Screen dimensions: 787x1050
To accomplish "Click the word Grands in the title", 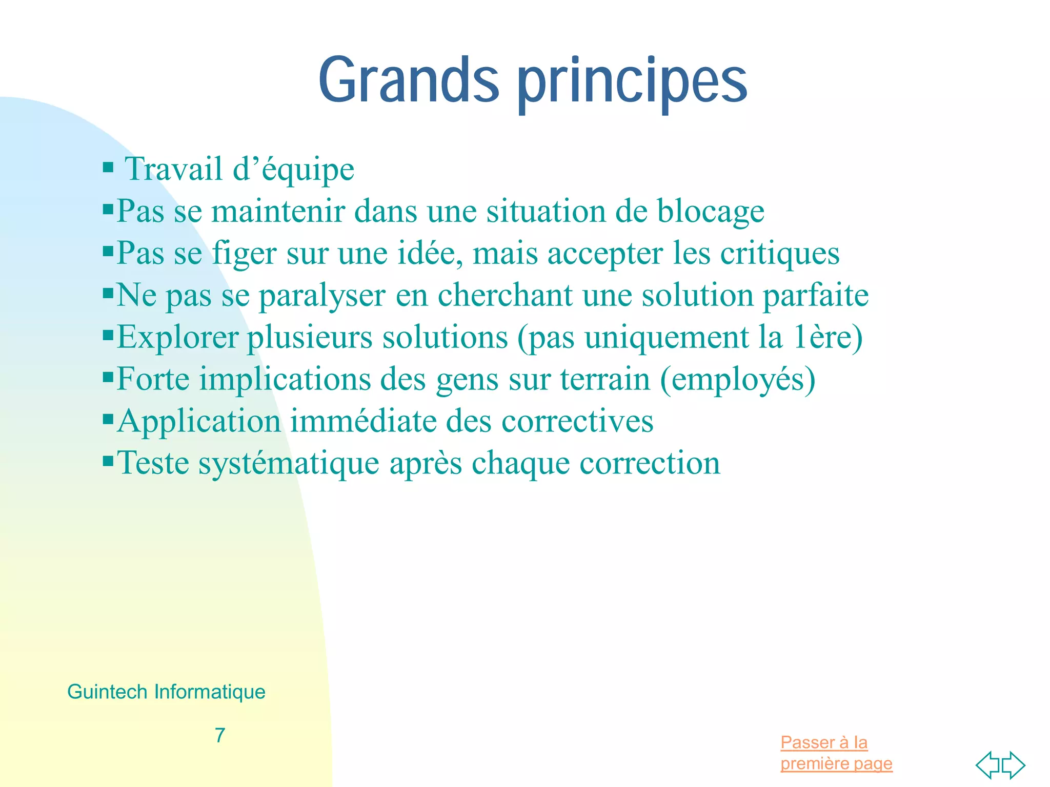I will coord(409,81).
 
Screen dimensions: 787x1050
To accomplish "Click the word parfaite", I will coord(816,296).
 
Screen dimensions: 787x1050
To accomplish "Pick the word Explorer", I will coord(177,338).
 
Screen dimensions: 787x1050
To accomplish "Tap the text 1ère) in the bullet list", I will coord(828,338).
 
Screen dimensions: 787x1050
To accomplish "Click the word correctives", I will coord(577,422).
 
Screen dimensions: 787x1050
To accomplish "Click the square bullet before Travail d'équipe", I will coord(108,168).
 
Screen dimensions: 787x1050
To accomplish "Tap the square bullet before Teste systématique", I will coord(108,461).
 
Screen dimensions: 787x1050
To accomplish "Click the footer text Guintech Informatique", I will coord(166,692).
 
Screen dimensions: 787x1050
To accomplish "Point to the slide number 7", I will coord(220,735).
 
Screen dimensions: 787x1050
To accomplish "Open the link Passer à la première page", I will coord(836,753).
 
